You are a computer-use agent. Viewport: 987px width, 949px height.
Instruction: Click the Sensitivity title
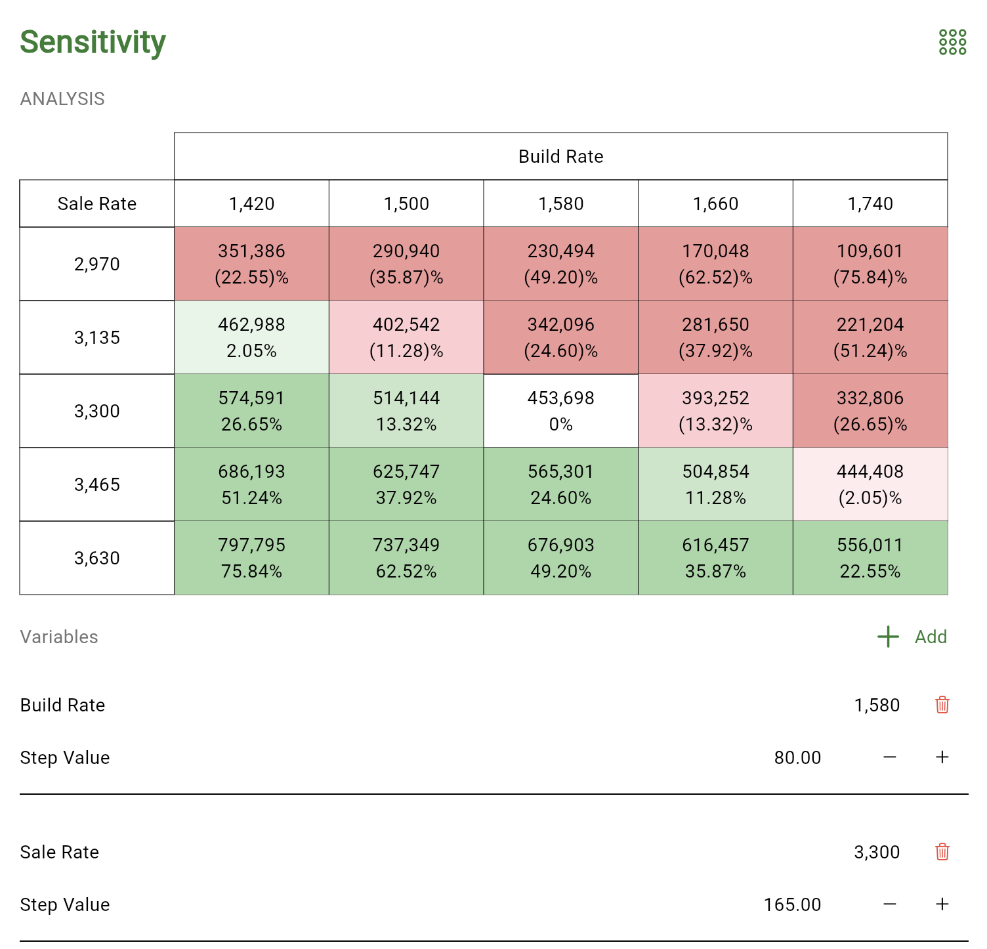click(93, 42)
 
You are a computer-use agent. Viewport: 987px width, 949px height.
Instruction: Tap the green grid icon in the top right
click(952, 42)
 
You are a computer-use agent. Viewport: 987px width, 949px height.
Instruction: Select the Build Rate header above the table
click(560, 156)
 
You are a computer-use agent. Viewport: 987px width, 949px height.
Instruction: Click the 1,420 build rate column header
click(251, 203)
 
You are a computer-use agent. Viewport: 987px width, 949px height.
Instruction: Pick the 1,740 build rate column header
click(870, 203)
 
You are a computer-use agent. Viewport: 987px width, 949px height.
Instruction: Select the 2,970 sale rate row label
click(97, 264)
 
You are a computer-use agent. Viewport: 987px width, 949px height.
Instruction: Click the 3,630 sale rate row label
click(97, 558)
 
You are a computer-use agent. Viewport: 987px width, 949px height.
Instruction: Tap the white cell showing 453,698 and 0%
click(560, 411)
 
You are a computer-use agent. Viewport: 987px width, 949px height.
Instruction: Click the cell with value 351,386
click(251, 264)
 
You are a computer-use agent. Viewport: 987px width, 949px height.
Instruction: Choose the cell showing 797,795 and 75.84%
click(251, 558)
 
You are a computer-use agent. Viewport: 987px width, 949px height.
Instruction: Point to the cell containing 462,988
click(251, 337)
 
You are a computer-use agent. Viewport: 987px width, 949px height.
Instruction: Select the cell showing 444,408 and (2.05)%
click(870, 484)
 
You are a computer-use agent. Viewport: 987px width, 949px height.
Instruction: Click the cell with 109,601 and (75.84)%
click(870, 264)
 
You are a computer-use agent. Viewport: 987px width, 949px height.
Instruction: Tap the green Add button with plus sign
click(912, 637)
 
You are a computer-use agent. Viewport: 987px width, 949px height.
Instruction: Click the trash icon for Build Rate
click(942, 705)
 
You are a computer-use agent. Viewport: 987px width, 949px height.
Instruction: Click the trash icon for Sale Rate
click(942, 852)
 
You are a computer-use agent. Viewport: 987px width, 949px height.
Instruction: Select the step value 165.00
click(792, 904)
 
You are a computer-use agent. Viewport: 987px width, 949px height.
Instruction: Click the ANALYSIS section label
click(62, 98)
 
